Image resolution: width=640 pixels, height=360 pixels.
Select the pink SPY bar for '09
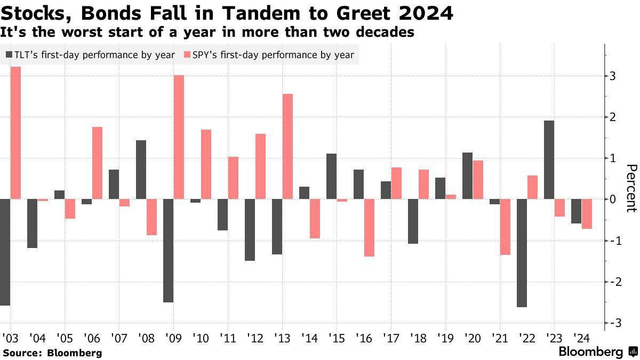tap(179, 137)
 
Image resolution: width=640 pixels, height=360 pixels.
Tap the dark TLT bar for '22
tap(522, 253)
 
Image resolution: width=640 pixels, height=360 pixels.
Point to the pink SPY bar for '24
tap(587, 214)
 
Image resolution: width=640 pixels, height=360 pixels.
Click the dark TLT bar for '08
tap(141, 170)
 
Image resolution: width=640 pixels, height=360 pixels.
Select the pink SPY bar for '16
tap(370, 228)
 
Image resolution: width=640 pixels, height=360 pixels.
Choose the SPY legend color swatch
tap(186, 55)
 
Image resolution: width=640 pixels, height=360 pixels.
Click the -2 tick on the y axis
tap(615, 282)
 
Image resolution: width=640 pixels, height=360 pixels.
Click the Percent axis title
tap(631, 188)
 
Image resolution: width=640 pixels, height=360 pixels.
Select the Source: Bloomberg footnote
tap(52, 353)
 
